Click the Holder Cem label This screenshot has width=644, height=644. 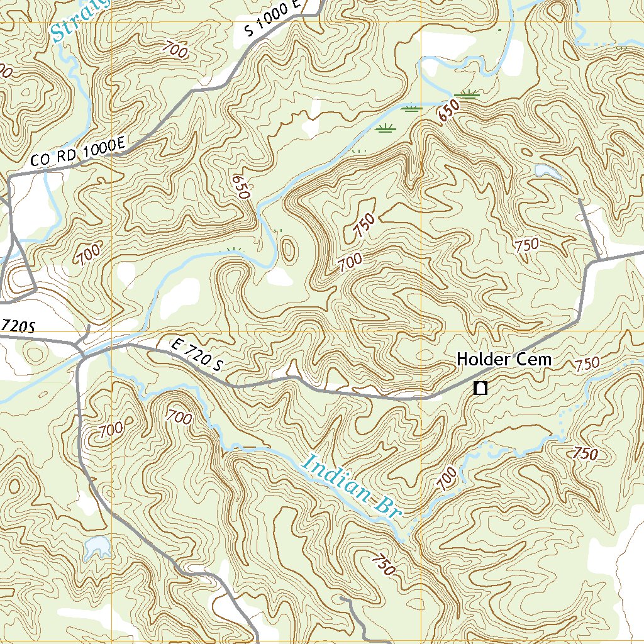pos(504,360)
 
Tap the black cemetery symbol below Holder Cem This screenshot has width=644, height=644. pos(480,388)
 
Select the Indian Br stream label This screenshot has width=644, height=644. pos(352,486)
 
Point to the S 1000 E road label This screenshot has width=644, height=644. pos(274,19)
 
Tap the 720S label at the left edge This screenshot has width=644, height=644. pos(17,326)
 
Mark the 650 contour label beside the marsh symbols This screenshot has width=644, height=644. pos(447,112)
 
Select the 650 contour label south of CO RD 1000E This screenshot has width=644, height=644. pos(241,187)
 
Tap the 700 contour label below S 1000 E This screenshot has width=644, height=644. pos(174,49)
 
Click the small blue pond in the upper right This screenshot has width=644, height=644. pos(545,170)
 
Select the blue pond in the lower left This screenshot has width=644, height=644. pos(98,548)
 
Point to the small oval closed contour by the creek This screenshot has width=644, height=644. pos(288,250)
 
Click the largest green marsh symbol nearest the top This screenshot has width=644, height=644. pos(469,94)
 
